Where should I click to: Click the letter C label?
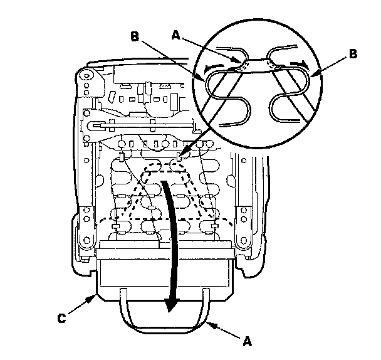coord(61,318)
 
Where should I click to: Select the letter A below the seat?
coord(247,341)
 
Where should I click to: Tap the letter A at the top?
coord(176,36)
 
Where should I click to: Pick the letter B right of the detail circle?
coord(353,54)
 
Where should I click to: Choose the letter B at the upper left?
coord(134,37)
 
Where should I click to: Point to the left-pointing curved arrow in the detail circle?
coord(214,68)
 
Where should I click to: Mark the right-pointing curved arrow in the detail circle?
coord(300,65)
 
